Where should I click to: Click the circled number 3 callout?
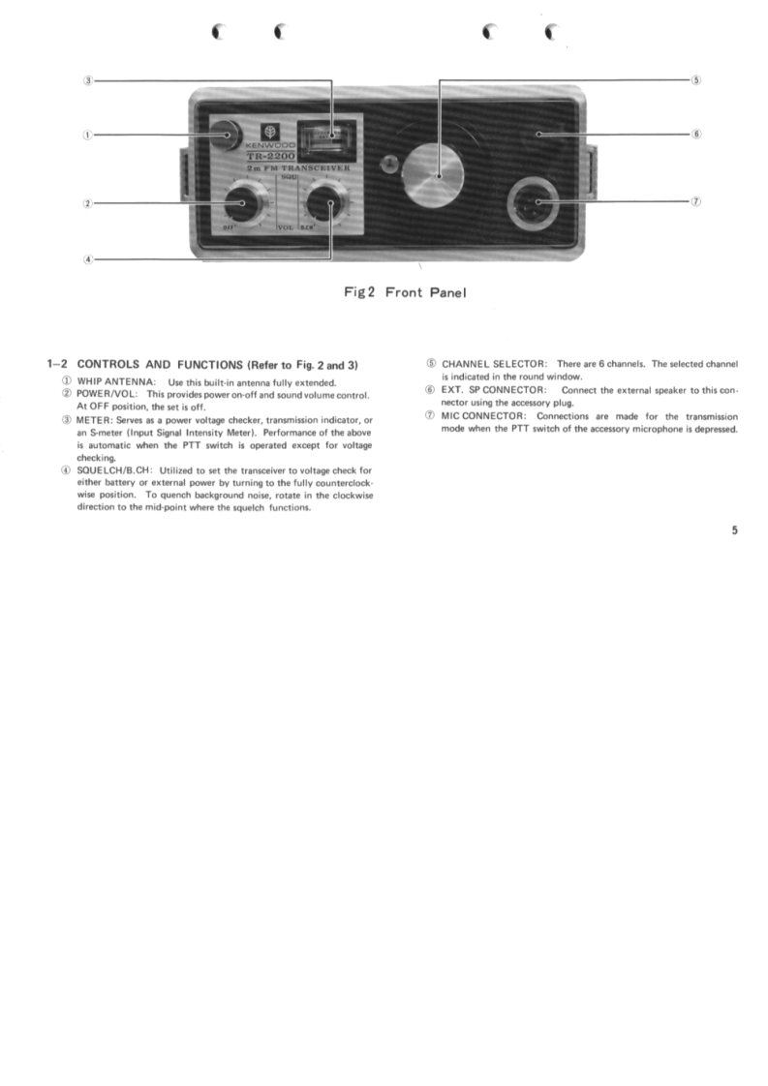[x=88, y=80]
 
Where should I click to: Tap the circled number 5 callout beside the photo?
[x=696, y=80]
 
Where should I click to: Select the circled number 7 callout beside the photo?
[x=696, y=201]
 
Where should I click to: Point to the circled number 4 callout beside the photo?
[x=88, y=259]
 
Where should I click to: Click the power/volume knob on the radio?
[x=235, y=204]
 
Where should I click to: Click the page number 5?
[x=734, y=529]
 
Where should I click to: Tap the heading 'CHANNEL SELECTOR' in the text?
[x=493, y=364]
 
